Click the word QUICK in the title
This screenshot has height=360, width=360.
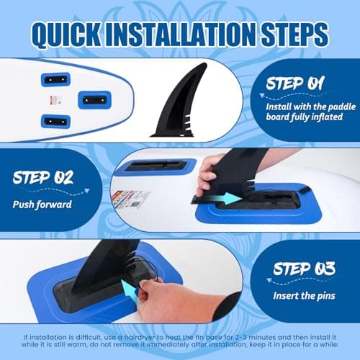coord(66,34)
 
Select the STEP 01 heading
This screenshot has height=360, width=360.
coord(295,84)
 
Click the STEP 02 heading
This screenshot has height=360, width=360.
coord(42,178)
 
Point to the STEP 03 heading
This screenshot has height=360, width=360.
coord(304,269)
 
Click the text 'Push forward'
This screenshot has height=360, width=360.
coord(42,204)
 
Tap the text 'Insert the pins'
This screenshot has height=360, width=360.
coord(304,296)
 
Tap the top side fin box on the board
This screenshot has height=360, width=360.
coord(55,79)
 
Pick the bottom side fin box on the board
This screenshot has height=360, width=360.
coord(55,122)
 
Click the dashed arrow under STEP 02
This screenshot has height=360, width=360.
coord(58,190)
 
